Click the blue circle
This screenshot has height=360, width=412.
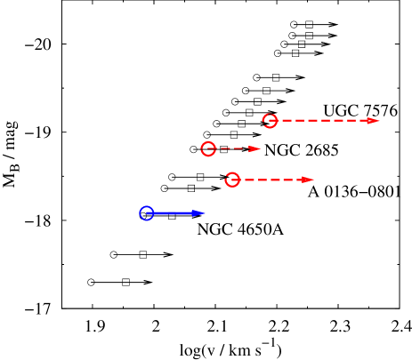pos(147,213)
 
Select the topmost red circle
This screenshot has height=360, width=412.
pos(270,121)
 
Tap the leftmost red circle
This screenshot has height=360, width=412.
pos(208,148)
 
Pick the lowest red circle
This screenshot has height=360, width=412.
pos(232,180)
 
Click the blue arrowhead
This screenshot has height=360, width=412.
pos(199,213)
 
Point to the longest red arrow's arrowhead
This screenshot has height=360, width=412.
pos(373,121)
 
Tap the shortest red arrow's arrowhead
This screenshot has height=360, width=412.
pos(254,148)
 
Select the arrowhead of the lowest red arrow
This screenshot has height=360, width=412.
pos(307,180)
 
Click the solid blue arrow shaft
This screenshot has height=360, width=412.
pos(174,213)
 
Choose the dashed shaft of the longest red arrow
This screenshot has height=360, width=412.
pos(325,121)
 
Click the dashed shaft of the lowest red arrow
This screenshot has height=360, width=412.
pos(271,180)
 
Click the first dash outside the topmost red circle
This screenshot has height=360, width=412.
pos(287,121)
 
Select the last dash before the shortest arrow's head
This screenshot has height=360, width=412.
pos(244,148)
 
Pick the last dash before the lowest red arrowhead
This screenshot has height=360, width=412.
pos(295,180)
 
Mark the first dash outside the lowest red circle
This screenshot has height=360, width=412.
pos(249,180)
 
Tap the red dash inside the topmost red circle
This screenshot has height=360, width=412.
pos(272,121)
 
